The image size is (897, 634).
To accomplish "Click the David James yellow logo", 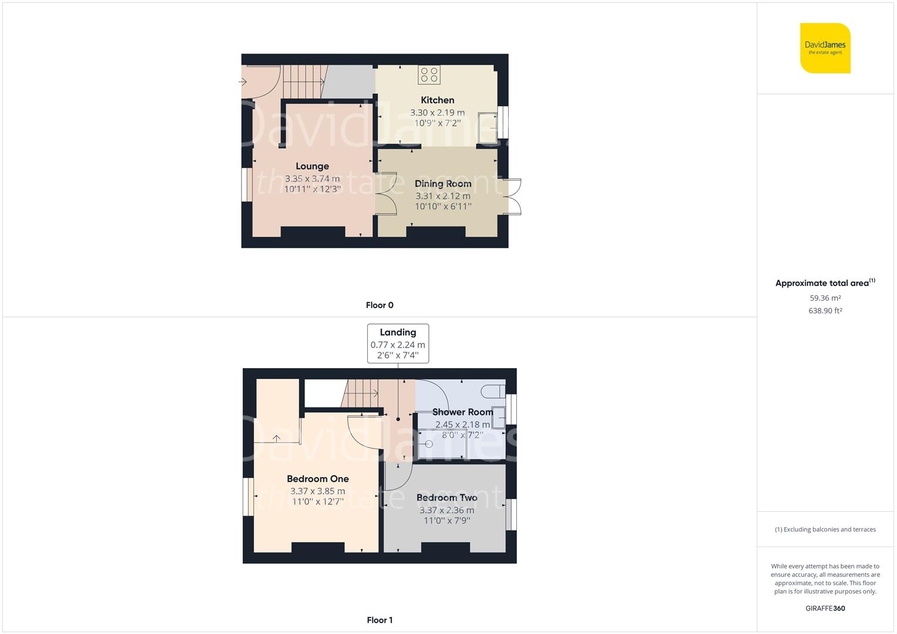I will coord(825,48).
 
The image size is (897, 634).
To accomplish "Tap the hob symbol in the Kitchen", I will coord(429,75).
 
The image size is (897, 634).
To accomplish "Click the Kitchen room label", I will coord(437,100).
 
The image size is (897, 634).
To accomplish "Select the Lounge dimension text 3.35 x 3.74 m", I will coord(312,178).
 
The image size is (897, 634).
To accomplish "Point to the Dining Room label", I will coord(443,184).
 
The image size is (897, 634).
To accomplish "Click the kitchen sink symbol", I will coord(488,127).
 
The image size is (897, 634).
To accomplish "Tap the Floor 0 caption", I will coord(379,305).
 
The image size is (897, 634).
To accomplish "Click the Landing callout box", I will coord(398,343).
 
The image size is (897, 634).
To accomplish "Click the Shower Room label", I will coord(462,412).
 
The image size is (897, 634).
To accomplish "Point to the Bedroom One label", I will coord(318,479).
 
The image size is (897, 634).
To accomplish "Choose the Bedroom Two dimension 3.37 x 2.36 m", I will coord(446,510).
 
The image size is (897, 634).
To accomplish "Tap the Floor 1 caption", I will coord(379,620).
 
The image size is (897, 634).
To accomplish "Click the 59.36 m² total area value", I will coord(825,298).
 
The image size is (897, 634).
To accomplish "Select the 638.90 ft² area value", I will coord(825,311).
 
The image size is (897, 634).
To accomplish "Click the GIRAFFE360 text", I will coord(825,608).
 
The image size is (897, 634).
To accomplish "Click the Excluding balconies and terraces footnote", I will coord(825,530).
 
